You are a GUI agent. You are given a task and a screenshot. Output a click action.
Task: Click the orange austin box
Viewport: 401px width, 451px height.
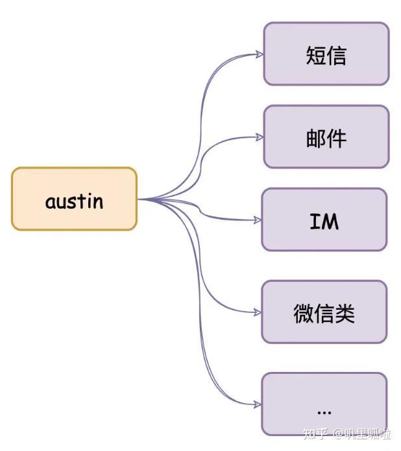[x=74, y=199]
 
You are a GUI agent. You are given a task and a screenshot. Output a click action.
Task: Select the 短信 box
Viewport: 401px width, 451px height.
[x=326, y=54]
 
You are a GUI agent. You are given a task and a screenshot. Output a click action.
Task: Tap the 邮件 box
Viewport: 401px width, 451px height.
[x=326, y=137]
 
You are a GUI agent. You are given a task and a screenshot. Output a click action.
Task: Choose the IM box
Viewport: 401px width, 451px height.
[x=324, y=220]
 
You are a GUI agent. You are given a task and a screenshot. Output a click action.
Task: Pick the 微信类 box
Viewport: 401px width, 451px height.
[x=324, y=312]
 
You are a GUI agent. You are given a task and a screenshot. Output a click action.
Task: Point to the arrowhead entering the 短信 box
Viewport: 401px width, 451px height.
[x=260, y=54]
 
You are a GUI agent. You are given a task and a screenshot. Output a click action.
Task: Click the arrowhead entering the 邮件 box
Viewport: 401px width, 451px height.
[x=260, y=137]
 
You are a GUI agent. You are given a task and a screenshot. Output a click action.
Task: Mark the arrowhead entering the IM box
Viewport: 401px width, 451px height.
[x=258, y=220]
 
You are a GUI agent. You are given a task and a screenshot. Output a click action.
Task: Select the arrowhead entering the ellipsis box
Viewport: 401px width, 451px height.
[x=258, y=404]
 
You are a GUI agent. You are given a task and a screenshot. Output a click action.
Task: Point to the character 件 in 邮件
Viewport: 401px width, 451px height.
[x=336, y=138]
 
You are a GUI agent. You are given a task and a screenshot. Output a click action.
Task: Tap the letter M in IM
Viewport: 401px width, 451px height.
[x=330, y=222]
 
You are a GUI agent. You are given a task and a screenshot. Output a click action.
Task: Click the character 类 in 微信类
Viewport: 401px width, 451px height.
[x=345, y=313]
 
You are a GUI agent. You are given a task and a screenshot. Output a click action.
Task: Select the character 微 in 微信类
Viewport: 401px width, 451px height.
[x=304, y=313]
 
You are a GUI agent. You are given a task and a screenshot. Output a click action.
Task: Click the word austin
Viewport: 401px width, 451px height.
[x=74, y=201]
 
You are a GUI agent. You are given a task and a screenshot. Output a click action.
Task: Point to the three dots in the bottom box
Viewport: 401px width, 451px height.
[x=324, y=411]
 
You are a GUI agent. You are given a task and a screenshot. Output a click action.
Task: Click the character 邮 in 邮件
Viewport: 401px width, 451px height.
[x=315, y=138]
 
